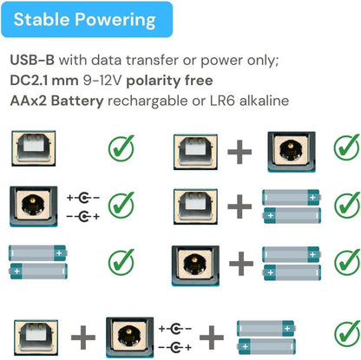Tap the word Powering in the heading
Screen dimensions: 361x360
[x=115, y=21]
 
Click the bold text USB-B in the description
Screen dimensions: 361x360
[x=32, y=60]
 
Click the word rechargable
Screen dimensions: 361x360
[x=148, y=101]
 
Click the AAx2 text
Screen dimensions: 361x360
[x=29, y=101]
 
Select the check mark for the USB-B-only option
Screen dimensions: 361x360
[x=121, y=148]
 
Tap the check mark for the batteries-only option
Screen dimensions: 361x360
[x=121, y=262]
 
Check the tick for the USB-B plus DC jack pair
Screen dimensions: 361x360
[x=347, y=147]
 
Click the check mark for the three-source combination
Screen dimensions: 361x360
[x=347, y=334]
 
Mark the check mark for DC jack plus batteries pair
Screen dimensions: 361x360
[x=347, y=262]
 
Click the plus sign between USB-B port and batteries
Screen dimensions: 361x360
[x=240, y=206]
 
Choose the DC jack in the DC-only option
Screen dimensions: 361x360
[x=34, y=206]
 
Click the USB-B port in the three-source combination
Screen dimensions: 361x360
[x=36, y=337]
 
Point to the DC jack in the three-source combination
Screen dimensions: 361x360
[x=130, y=337]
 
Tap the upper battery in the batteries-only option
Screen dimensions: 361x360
[x=38, y=253]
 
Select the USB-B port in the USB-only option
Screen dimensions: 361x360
[x=34, y=148]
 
